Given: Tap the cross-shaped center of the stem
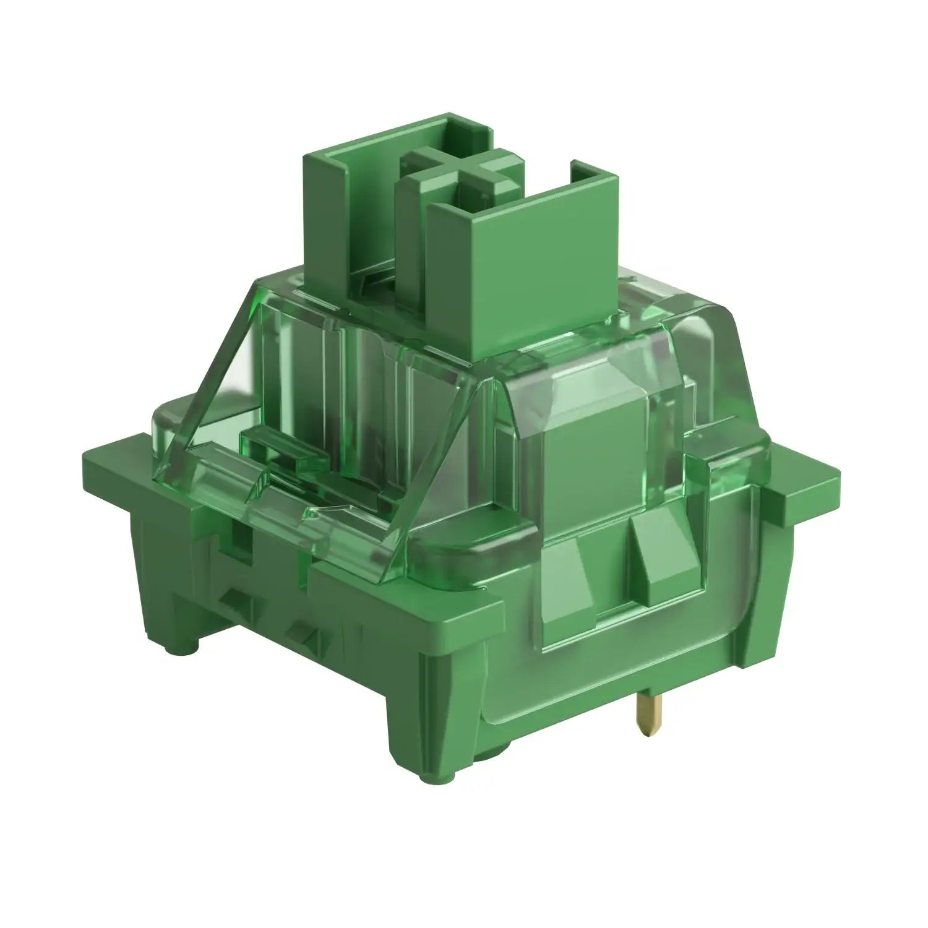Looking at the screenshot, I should (458, 167).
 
